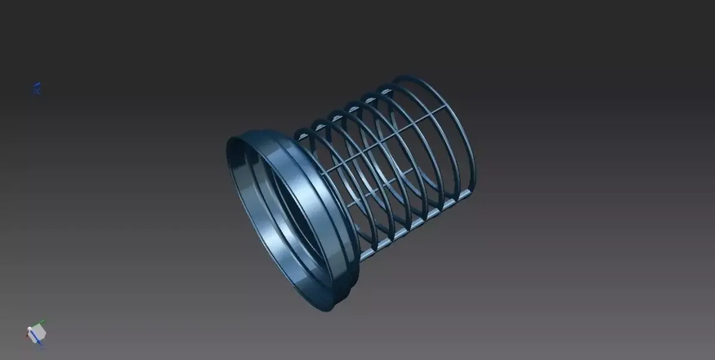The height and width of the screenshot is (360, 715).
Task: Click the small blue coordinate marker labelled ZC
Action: click(36, 89)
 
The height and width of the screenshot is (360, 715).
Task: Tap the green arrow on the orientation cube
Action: click(43, 323)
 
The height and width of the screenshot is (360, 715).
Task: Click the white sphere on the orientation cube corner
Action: click(29, 329)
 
